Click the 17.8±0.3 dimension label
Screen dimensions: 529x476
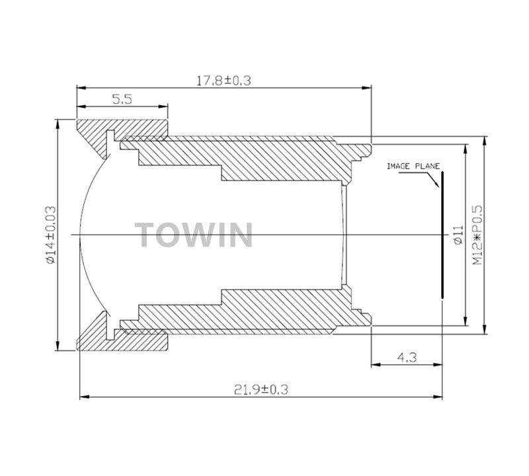[224, 81]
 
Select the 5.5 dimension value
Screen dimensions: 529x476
[122, 99]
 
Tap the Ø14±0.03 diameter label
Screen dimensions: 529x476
[50, 235]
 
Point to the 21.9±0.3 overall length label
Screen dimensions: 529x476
[261, 389]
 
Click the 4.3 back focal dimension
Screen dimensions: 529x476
[407, 357]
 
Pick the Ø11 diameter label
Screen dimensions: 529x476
[458, 235]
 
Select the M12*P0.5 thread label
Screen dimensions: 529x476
[477, 235]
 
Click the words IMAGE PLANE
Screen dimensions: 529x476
[413, 167]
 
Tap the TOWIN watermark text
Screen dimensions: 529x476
[194, 235]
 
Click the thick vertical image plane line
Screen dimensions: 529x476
[442, 235]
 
